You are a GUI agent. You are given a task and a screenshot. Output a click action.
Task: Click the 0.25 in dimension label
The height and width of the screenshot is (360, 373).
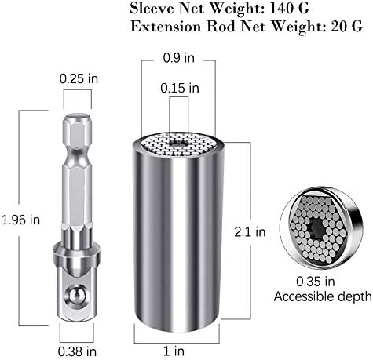79,78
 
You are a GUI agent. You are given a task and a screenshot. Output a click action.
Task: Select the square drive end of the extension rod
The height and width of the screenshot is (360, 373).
78,290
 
